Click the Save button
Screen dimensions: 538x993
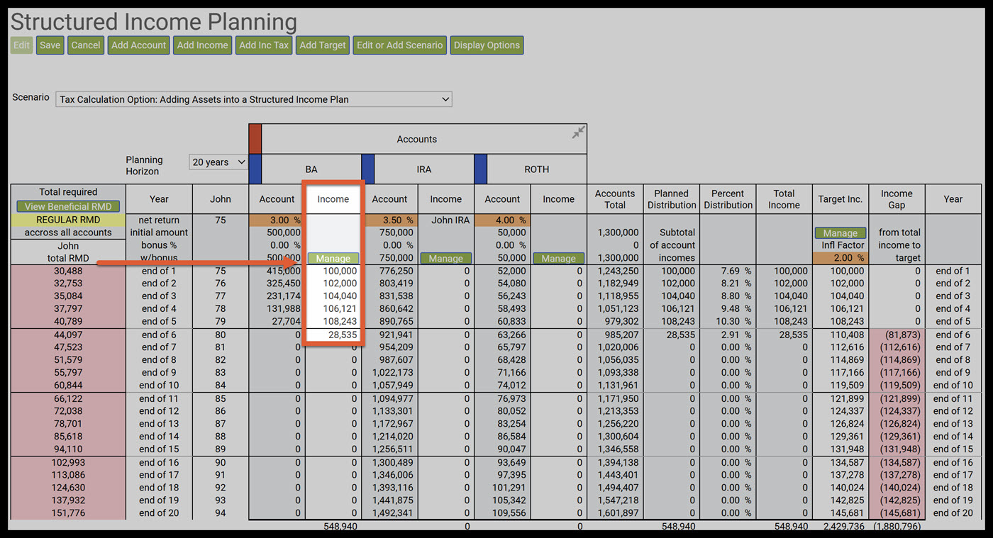pos(50,45)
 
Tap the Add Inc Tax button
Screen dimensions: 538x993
pos(264,45)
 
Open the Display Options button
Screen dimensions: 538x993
pos(487,45)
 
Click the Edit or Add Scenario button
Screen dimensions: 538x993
pos(399,45)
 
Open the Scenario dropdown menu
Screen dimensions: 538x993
pos(253,99)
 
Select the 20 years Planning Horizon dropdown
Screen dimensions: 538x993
pos(218,162)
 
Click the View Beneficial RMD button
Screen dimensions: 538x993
pos(68,206)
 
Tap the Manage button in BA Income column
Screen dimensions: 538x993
pos(333,259)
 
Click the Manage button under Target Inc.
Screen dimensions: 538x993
pos(840,232)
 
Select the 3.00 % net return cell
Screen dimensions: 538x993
pos(277,220)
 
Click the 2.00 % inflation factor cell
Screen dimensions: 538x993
pos(841,258)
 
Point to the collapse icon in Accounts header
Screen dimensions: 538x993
pos(579,133)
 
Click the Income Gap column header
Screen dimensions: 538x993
pos(897,199)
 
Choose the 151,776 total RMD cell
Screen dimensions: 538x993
pos(68,513)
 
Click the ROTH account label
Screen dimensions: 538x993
pos(536,169)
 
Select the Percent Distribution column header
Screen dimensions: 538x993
pos(728,199)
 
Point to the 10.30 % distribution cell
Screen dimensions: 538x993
pos(728,322)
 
